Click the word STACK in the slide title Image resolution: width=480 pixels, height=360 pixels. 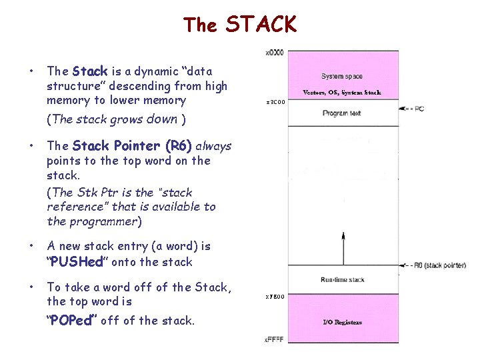[x=261, y=25]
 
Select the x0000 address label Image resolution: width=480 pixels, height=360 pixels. [x=275, y=52]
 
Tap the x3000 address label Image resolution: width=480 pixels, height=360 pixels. [x=275, y=102]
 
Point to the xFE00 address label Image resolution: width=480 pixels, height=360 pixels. [x=275, y=296]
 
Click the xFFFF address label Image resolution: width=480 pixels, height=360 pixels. [x=274, y=340]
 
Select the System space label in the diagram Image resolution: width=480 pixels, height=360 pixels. [x=341, y=77]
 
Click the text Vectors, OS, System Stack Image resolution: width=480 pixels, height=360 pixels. [x=342, y=93]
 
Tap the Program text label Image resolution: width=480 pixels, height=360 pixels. [x=341, y=113]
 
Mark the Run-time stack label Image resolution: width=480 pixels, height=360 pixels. [x=342, y=281]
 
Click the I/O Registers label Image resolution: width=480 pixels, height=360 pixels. [x=342, y=322]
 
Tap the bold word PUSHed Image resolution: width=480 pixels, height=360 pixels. [x=76, y=262]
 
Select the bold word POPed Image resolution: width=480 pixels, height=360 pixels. [x=72, y=321]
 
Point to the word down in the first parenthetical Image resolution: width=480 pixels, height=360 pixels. [x=162, y=119]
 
